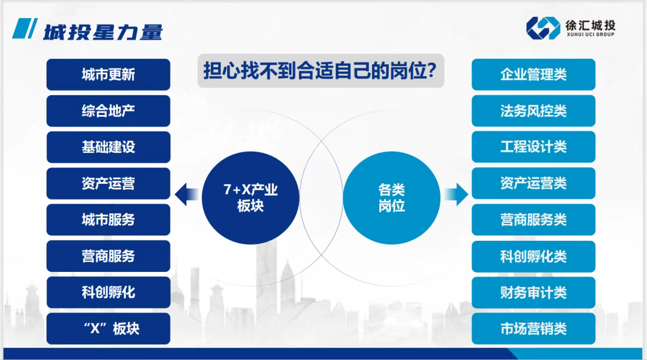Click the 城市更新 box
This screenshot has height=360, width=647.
click(x=108, y=74)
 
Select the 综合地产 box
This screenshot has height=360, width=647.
click(x=108, y=111)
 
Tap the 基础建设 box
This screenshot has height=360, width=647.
click(x=108, y=147)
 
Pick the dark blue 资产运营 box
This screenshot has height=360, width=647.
click(x=108, y=183)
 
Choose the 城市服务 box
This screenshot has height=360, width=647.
click(x=108, y=220)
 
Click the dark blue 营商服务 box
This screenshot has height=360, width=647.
click(x=108, y=256)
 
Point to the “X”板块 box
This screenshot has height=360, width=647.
click(x=108, y=329)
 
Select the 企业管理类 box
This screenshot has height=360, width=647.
click(x=533, y=74)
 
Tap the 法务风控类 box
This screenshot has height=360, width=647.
click(x=533, y=111)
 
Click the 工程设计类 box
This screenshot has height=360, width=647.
click(x=533, y=147)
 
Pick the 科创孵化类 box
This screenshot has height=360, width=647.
click(x=533, y=256)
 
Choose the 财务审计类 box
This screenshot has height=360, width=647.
click(x=533, y=293)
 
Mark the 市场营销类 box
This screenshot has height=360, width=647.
click(x=533, y=329)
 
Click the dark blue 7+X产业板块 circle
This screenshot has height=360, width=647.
click(x=250, y=196)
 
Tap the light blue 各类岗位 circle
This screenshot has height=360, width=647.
click(x=391, y=196)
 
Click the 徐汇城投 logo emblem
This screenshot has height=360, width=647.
click(x=543, y=28)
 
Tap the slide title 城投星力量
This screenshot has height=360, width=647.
click(x=102, y=31)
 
